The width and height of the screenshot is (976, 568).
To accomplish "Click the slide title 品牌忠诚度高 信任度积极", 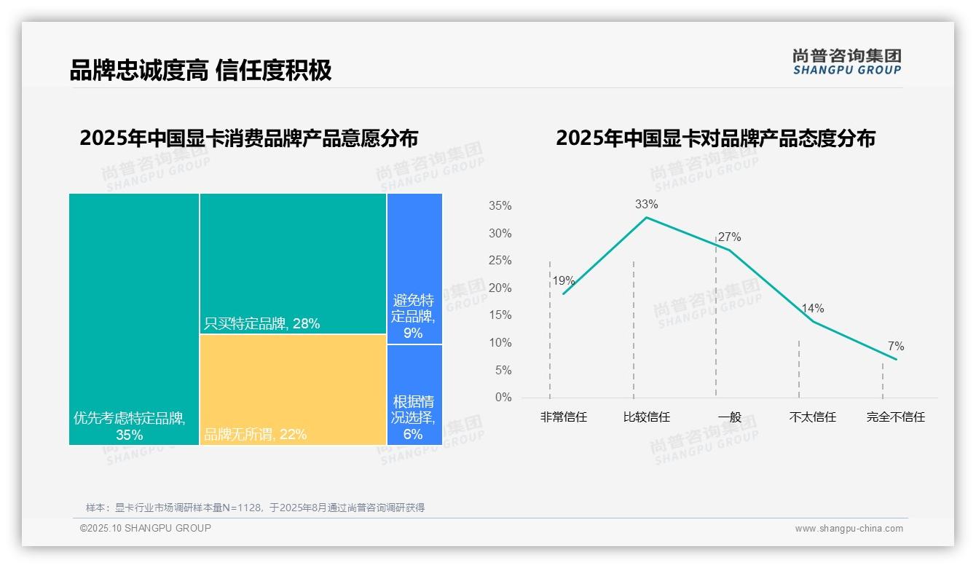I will tap(200, 70).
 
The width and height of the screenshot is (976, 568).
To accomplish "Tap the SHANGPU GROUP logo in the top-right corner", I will tap(846, 62).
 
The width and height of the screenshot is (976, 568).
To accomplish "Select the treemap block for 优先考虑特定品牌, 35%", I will tap(134, 319).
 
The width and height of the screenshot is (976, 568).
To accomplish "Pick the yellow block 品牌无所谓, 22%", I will tap(293, 389).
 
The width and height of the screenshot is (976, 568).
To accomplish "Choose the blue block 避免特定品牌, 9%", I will tap(414, 268).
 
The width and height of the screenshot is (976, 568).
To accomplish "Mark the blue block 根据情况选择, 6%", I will tap(414, 395).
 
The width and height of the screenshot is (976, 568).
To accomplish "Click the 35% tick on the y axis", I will tap(500, 206).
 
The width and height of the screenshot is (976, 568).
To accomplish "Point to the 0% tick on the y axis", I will tap(503, 398).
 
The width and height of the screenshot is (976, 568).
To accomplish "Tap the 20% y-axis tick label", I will tap(500, 288).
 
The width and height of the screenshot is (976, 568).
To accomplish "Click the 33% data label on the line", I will tap(646, 205).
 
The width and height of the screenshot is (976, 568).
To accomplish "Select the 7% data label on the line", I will tap(896, 347).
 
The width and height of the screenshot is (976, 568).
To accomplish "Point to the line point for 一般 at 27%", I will tap(729, 250).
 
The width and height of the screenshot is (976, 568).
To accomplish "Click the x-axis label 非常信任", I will tap(563, 417).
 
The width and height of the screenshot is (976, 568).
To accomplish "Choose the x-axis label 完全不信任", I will tap(895, 417).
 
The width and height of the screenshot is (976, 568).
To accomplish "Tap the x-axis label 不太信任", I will tap(812, 417).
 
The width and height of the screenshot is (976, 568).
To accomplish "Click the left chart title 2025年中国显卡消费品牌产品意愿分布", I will tap(249, 138).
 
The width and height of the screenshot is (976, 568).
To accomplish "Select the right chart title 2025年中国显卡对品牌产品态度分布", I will tap(715, 138).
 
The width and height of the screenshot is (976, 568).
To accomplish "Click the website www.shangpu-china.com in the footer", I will tap(849, 529).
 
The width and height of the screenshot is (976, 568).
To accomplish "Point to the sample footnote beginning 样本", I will tap(255, 508).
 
